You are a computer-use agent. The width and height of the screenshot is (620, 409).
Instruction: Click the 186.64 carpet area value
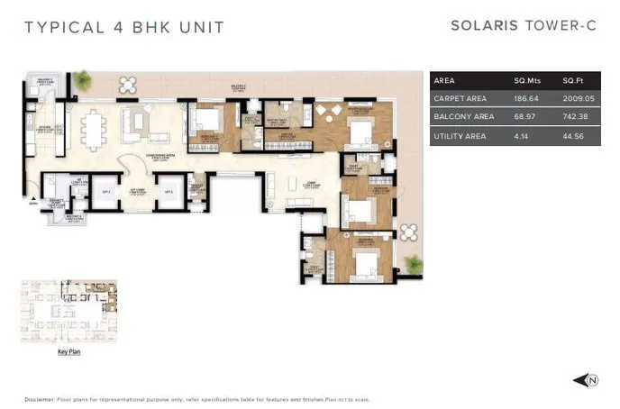click(x=524, y=98)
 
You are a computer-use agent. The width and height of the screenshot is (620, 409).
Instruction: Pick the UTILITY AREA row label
click(x=460, y=136)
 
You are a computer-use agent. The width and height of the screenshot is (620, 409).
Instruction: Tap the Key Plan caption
click(x=68, y=352)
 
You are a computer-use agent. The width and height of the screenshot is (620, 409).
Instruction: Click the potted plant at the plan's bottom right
click(x=414, y=264)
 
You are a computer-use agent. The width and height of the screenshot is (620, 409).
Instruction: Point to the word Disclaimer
click(x=40, y=399)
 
